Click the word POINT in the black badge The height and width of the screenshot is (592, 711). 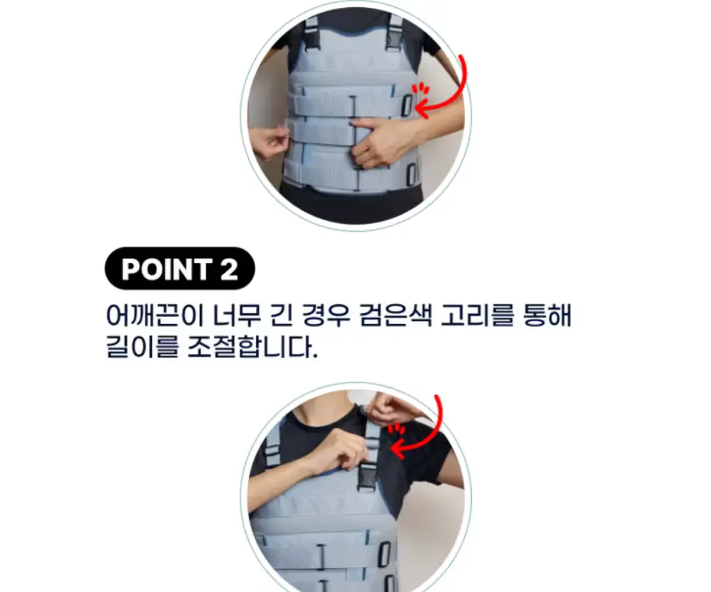tap(167, 269)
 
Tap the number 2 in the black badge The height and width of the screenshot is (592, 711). tap(230, 269)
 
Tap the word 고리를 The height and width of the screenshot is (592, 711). tap(478, 315)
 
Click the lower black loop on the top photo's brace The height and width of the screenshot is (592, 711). tap(412, 175)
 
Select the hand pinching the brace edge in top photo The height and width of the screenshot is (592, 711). tap(269, 141)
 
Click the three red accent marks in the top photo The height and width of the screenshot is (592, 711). tap(422, 88)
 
